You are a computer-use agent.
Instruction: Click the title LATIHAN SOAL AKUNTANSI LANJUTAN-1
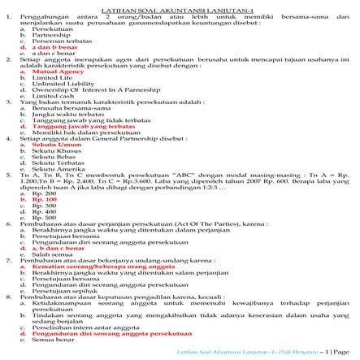click(x=180, y=6)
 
